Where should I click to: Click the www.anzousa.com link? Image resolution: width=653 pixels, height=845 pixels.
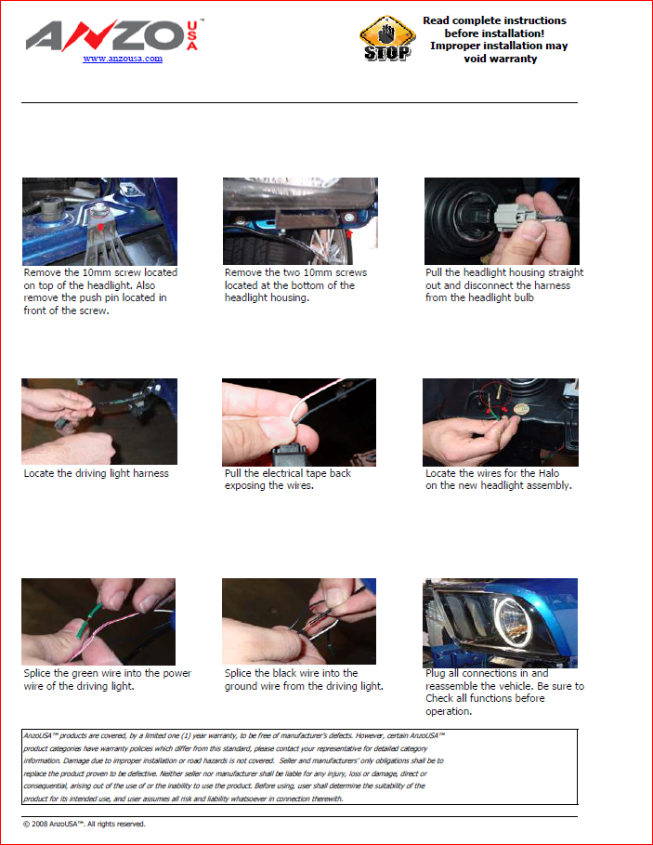(x=123, y=59)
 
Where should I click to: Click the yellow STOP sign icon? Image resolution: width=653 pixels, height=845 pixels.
(x=387, y=38)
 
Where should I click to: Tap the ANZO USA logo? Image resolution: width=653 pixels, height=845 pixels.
(x=114, y=36)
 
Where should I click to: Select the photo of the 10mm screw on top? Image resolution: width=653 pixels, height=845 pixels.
(x=99, y=221)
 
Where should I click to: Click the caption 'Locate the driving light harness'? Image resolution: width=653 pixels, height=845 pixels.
(x=96, y=473)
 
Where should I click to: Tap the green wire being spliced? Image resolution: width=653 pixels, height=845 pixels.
(x=88, y=620)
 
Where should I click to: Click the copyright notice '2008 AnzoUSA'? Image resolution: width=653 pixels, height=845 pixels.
(x=84, y=824)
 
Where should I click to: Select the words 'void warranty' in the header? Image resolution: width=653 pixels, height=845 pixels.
(x=500, y=59)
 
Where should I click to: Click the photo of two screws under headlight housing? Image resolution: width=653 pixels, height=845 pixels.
(x=300, y=221)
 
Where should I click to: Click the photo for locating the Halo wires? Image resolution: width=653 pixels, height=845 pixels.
(x=501, y=422)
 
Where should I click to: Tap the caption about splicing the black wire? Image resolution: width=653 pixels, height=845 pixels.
(x=304, y=680)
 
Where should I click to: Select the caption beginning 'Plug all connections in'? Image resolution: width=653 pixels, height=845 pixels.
(x=504, y=692)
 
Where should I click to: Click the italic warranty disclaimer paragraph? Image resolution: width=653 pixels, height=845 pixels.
(x=234, y=767)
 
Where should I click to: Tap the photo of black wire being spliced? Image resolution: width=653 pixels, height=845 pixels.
(x=299, y=621)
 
